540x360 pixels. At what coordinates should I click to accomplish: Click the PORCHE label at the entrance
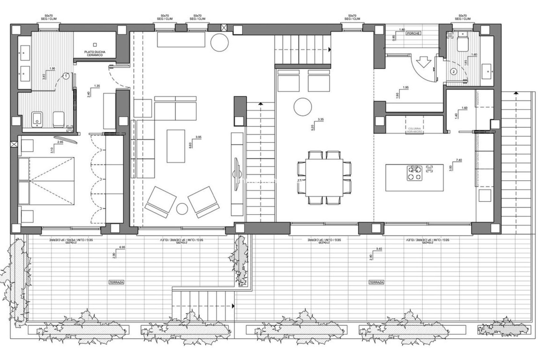[x=413, y=33]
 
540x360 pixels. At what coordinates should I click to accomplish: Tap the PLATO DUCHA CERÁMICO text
[x=95, y=53]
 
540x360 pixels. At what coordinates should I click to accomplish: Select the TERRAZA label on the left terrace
[x=116, y=282]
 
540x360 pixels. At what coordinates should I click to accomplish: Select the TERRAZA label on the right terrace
[x=376, y=282]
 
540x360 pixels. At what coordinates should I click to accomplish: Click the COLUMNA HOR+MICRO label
[x=415, y=130]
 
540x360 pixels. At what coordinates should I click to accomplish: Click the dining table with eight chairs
[x=324, y=177]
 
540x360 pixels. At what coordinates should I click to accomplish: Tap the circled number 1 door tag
[x=66, y=76]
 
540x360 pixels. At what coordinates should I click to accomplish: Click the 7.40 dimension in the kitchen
[x=459, y=160]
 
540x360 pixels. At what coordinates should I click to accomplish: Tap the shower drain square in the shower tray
[x=95, y=44]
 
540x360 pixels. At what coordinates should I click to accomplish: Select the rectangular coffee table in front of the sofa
[x=176, y=146]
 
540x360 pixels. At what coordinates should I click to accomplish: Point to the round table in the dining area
[x=303, y=107]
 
